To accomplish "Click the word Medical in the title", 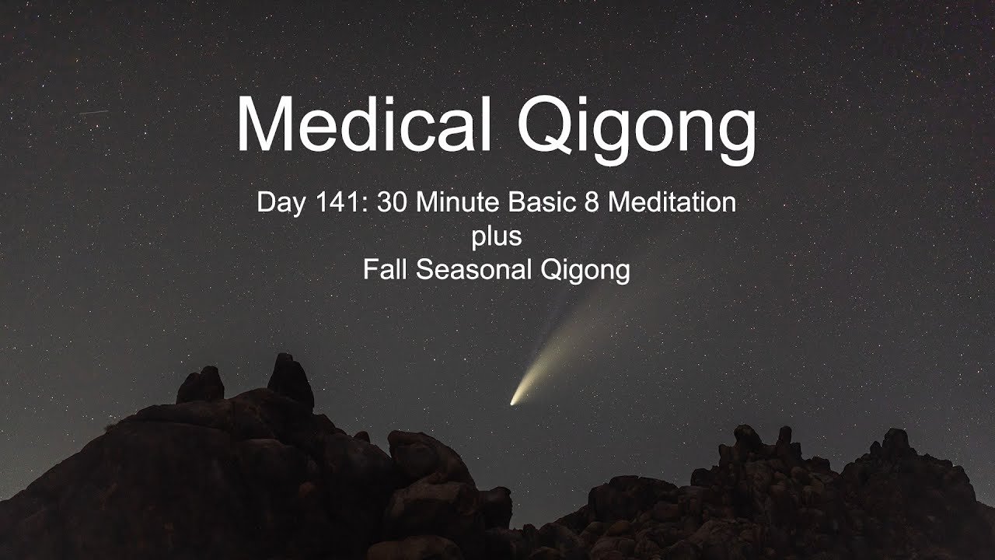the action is point(365,124).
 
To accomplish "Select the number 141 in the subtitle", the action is point(343,202).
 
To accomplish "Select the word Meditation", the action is point(672,202).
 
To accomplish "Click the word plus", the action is point(496,238).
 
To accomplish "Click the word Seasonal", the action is point(473,269).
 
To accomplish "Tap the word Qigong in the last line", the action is point(585,271).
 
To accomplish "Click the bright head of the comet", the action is point(514,402).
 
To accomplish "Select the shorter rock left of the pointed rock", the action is point(201,384).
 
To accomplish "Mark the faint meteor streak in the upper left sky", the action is point(94,113).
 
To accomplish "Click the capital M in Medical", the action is point(262,124).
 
